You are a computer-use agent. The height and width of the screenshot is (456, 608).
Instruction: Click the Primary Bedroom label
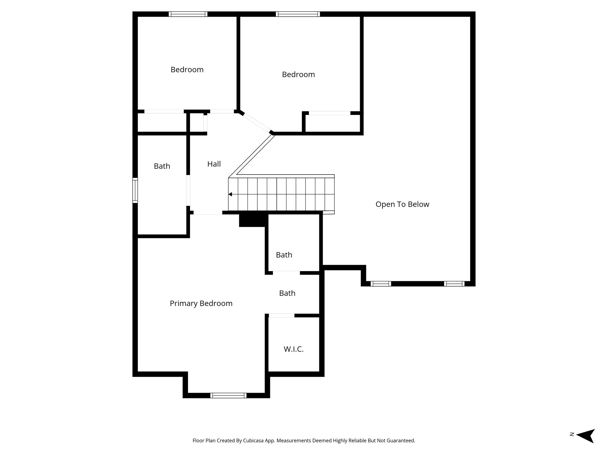[x=201, y=303]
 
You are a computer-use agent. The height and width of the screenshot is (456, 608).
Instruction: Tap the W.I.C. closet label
[x=294, y=349]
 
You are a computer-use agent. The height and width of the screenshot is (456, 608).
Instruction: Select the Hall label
[x=214, y=164]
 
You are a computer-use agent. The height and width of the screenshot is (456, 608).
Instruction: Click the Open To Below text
[x=402, y=204]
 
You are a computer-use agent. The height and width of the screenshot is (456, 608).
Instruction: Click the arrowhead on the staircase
[x=230, y=194]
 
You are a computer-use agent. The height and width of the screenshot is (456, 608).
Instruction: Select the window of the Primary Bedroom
[x=228, y=395]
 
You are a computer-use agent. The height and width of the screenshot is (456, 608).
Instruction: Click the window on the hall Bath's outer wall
[x=135, y=190]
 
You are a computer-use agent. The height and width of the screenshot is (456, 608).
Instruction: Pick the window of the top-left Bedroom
[x=188, y=14]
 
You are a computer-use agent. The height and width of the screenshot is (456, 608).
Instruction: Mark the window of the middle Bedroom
[x=298, y=14]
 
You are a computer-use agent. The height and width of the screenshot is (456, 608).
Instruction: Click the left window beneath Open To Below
[x=381, y=284]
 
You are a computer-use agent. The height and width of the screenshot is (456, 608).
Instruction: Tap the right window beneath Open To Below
[x=454, y=284]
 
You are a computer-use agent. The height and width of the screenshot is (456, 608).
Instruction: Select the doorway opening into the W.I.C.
[x=281, y=316]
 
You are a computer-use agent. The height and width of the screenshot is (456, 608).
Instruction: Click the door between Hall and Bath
[x=188, y=190]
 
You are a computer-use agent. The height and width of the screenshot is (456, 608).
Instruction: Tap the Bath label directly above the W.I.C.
[x=287, y=293]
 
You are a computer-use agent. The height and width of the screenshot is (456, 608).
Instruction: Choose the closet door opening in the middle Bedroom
[x=330, y=113]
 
